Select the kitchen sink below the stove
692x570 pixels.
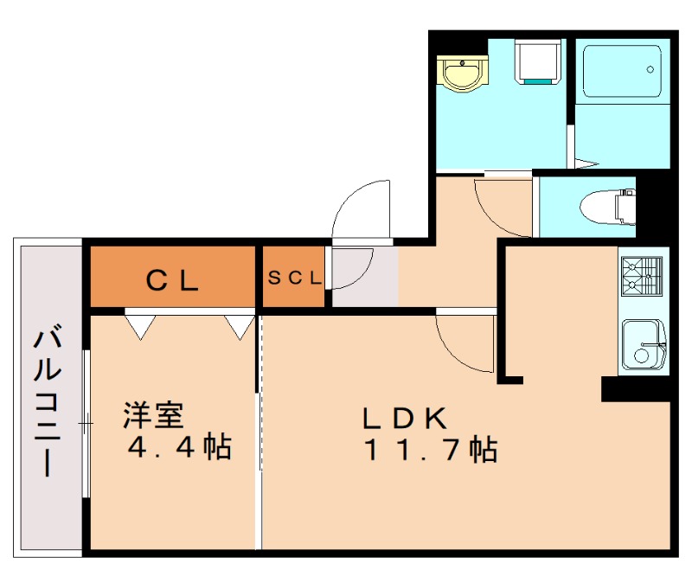[643, 344]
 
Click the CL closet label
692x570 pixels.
[172, 279]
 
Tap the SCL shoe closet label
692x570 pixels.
[294, 279]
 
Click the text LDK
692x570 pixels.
[403, 419]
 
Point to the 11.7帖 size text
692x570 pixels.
[430, 451]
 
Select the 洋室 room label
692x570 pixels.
[153, 416]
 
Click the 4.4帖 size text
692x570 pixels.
[179, 447]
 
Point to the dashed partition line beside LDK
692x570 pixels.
[260, 432]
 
